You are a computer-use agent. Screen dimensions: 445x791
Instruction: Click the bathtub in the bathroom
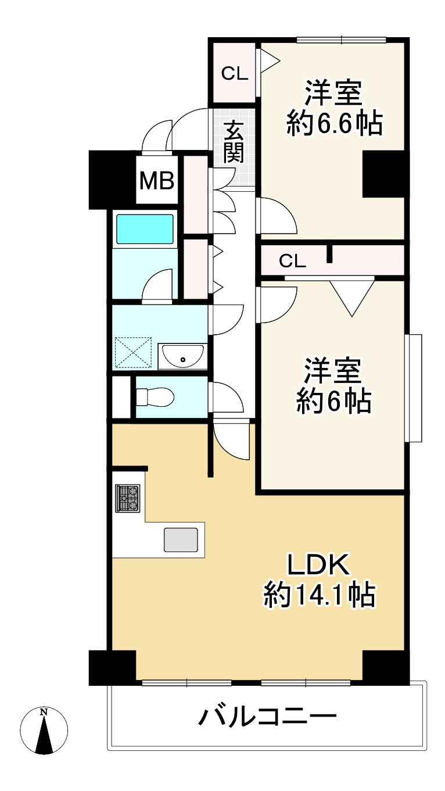[x=145, y=229]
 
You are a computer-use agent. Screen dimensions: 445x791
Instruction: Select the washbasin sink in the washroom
[x=182, y=356]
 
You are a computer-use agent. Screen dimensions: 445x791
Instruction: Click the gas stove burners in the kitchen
[x=127, y=498]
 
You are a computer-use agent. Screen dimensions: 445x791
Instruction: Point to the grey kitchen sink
[x=181, y=539]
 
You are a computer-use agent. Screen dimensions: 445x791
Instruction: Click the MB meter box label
[x=157, y=180]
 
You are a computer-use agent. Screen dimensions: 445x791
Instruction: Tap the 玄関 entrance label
[x=234, y=142]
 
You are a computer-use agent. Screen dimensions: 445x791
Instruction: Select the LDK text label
[x=319, y=565]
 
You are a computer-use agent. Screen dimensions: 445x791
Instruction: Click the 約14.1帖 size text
[x=320, y=595]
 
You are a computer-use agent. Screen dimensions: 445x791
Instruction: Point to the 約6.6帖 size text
[x=334, y=123]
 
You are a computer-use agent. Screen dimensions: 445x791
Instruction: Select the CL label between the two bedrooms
[x=292, y=261]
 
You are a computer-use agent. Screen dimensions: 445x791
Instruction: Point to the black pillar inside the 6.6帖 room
[x=383, y=174]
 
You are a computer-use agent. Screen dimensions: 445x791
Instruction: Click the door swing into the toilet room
[x=226, y=398]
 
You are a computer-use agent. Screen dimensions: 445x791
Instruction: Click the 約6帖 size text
[x=333, y=402]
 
